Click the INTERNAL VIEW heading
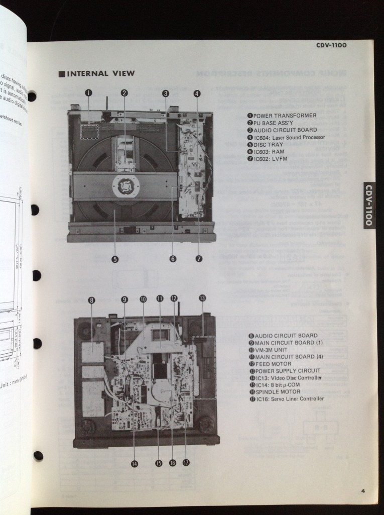pyautogui.click(x=96, y=73)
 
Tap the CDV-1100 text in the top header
pyautogui.click(x=331, y=45)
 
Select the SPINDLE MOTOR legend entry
pyautogui.click(x=278, y=392)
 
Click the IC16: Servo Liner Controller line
pyautogui.click(x=286, y=399)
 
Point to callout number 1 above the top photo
pyautogui.click(x=88, y=92)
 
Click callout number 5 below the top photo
pyautogui.click(x=115, y=259)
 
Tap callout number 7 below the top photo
pyautogui.click(x=199, y=259)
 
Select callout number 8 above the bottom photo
pyautogui.click(x=91, y=300)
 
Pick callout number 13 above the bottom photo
pyautogui.click(x=202, y=298)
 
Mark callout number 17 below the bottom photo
pyautogui.click(x=186, y=462)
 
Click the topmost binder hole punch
pyautogui.click(x=33, y=96)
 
